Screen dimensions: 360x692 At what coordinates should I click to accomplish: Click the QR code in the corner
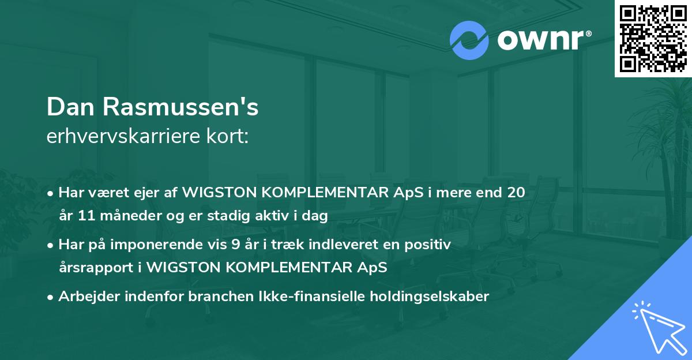point(653,38)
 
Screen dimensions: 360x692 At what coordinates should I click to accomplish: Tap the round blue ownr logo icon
point(469,40)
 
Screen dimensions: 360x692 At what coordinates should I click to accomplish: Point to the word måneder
point(123,216)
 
